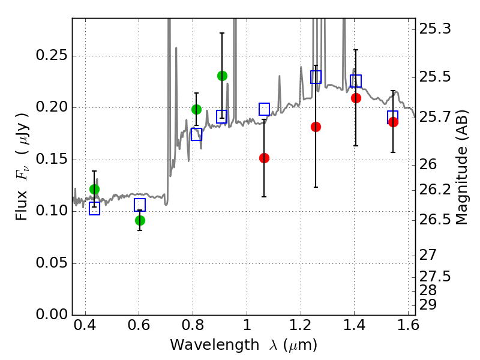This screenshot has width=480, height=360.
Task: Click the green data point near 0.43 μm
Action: click(x=94, y=189)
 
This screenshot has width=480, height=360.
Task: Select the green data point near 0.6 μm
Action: click(x=140, y=220)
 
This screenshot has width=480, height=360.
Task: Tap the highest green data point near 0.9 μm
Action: click(x=222, y=76)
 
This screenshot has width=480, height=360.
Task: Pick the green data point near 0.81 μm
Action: click(x=196, y=109)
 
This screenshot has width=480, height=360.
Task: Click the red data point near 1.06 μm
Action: click(x=264, y=158)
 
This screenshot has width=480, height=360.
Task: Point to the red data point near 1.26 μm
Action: click(x=316, y=127)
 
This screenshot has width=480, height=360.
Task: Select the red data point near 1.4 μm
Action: click(x=356, y=98)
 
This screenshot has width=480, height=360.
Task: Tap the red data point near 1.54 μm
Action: click(x=393, y=122)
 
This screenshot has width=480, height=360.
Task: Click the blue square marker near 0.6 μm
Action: click(x=140, y=205)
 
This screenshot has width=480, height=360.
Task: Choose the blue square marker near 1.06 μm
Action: click(x=264, y=109)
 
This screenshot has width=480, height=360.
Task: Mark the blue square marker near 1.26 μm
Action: click(x=316, y=77)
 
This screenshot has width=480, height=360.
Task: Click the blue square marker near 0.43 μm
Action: click(x=94, y=209)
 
